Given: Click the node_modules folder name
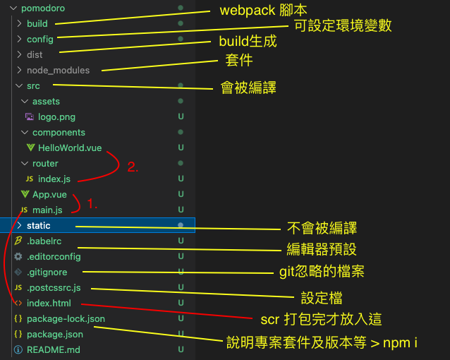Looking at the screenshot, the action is [x=58, y=70].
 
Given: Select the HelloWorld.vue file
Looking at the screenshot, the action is [x=70, y=148].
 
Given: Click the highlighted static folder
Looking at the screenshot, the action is [x=38, y=225].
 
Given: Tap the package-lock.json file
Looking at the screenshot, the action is [x=66, y=318].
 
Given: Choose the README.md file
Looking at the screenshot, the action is [x=53, y=349].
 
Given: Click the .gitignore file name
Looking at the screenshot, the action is [x=48, y=272].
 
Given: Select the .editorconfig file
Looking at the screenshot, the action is [x=54, y=256].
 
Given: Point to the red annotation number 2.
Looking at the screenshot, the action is [x=133, y=168].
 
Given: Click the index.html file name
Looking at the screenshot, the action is [x=49, y=303].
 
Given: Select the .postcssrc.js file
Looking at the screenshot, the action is [x=54, y=287].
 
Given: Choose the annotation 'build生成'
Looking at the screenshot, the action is [x=248, y=42].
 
